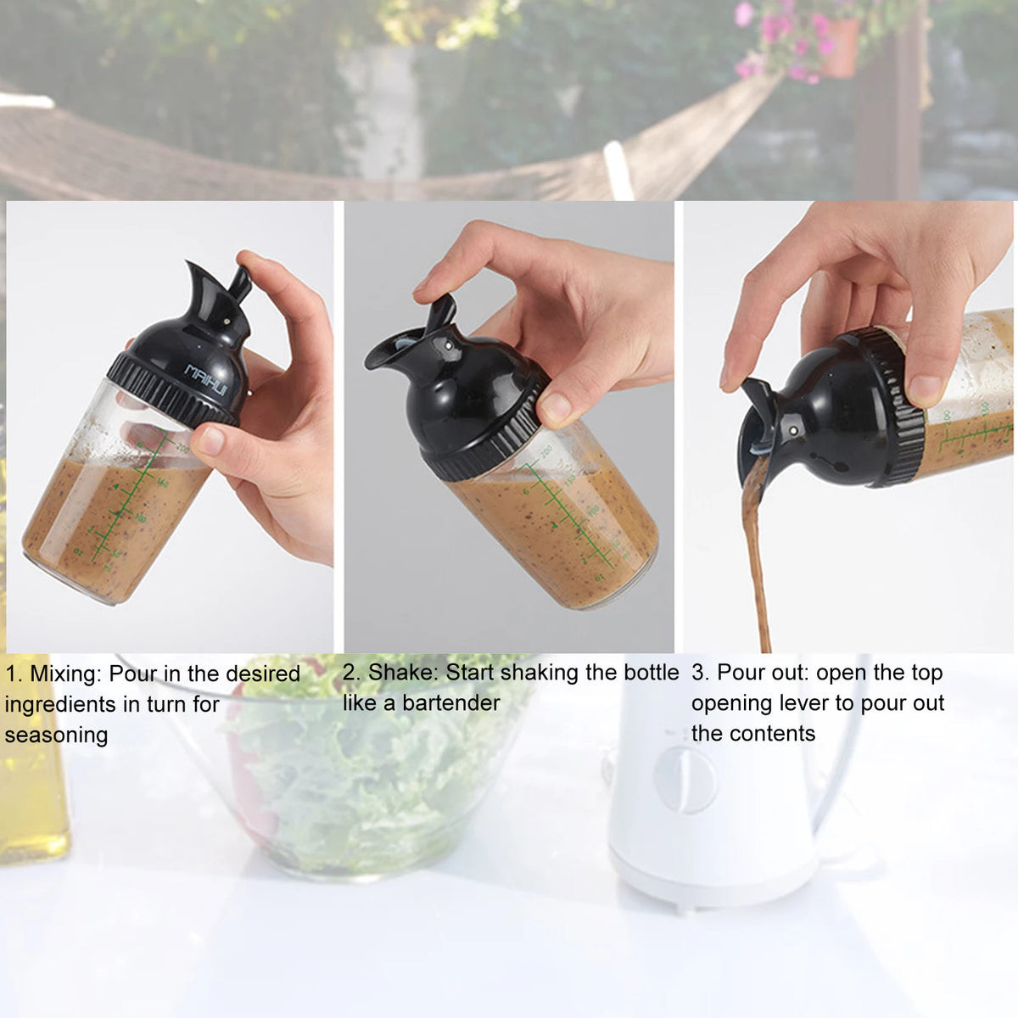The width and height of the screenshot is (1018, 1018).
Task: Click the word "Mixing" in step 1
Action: tap(64, 674)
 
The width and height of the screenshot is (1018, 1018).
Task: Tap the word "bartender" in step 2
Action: tap(450, 703)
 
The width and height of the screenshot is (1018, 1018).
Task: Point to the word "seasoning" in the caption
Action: tap(56, 735)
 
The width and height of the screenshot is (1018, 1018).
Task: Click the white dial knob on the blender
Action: tap(685, 780)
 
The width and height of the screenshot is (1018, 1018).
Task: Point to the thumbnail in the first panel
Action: tap(210, 439)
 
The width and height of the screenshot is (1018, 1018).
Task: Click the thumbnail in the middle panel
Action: tap(556, 408)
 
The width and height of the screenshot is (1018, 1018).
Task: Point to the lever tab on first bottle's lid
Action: tap(240, 284)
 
